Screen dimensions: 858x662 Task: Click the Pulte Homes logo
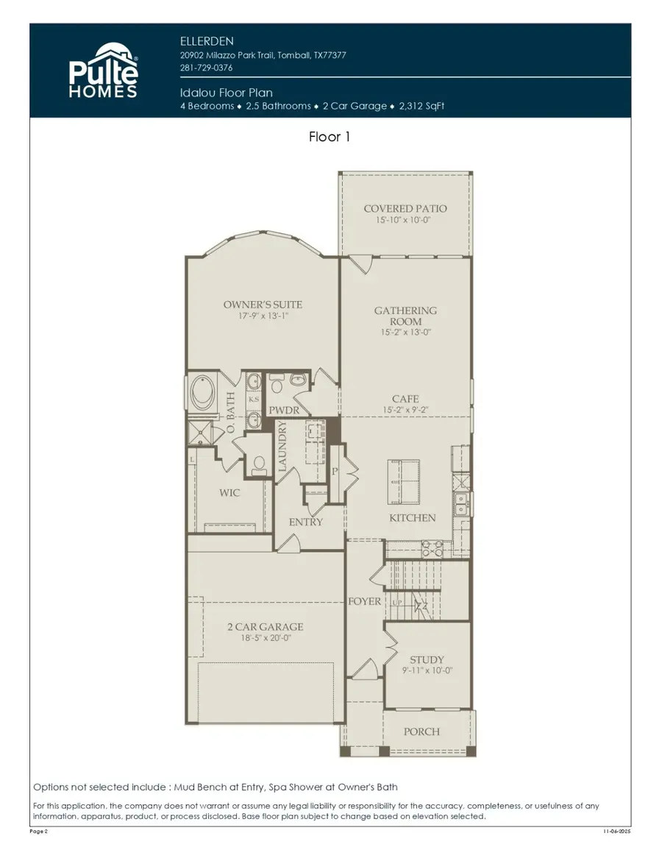103,71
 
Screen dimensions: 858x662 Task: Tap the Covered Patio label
405,209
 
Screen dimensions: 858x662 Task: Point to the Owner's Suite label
263,305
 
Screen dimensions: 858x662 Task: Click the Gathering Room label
405,316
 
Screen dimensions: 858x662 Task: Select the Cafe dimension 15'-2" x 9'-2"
405,409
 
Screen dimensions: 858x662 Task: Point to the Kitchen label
412,518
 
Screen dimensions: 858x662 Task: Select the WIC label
229,493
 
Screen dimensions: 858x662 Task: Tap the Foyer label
365,601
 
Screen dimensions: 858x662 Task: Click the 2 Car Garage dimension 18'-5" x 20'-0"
265,638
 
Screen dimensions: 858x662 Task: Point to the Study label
427,660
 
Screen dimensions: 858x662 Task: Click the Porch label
422,731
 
